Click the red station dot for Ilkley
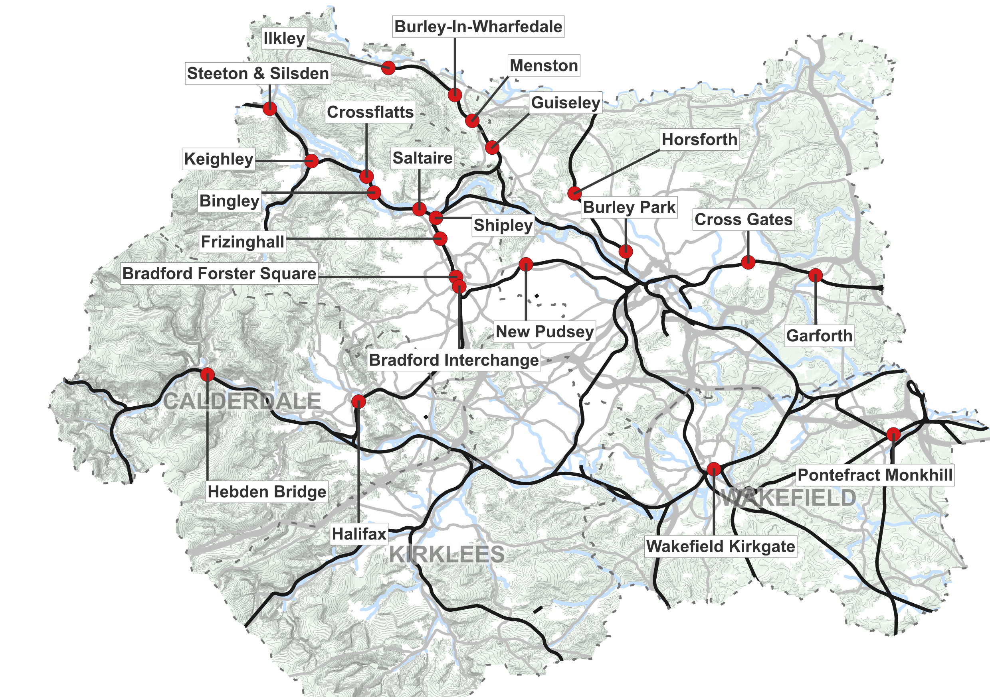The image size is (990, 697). coord(388,68)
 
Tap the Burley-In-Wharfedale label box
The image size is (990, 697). coord(478,27)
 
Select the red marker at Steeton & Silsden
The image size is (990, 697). coord(270,108)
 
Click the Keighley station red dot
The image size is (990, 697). coord(311,161)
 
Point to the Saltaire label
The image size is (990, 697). coord(422,158)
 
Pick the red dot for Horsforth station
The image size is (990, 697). coord(574,193)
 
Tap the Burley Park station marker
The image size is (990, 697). coord(626,251)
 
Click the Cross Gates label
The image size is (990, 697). coord(743,219)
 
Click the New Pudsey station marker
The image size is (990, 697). coord(526,264)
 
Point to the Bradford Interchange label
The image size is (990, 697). coord(453,360)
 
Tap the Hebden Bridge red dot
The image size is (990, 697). coord(208,374)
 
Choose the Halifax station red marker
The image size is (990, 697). coord(358,402)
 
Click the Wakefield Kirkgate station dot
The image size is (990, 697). coord(714,469)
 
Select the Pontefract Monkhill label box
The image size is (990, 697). coord(875,475)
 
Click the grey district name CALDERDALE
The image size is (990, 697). coord(242,401)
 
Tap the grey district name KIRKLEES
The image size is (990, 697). coord(447,554)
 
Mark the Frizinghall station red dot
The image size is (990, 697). coord(440,238)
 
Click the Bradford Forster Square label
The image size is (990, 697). coord(219,273)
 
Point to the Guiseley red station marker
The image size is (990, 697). coord(492,147)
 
